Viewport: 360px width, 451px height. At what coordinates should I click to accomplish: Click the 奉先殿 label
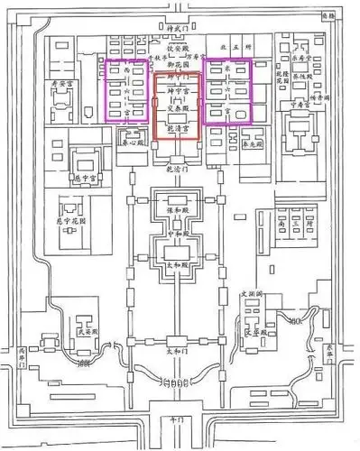(254, 143)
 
